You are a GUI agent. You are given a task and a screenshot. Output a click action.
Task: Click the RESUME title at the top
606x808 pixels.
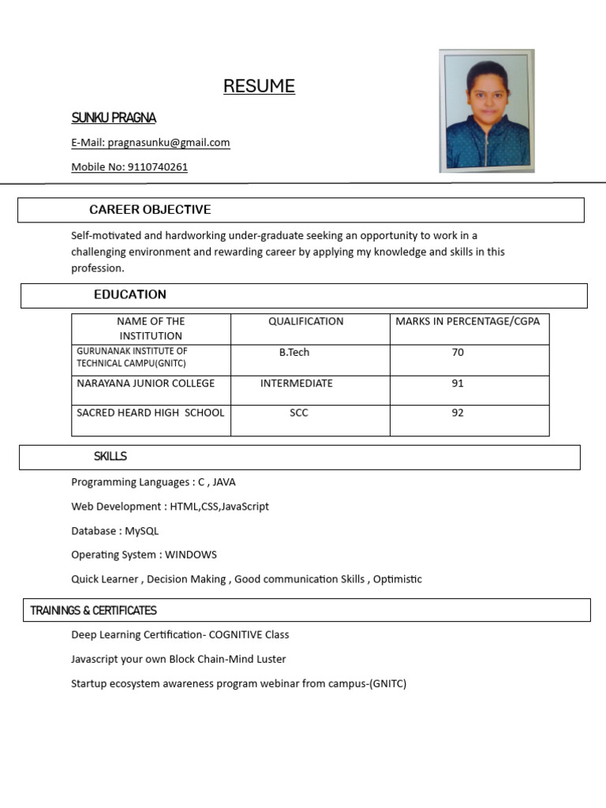(259, 86)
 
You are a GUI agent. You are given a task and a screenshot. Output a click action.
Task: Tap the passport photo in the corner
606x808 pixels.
(486, 110)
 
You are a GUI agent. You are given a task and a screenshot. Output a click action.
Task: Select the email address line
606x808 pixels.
(151, 143)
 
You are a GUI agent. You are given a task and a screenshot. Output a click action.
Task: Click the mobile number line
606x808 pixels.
(129, 167)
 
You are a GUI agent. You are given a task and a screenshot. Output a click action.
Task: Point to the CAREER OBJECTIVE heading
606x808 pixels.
(150, 210)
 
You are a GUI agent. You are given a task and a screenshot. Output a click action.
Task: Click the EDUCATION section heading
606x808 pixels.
(130, 295)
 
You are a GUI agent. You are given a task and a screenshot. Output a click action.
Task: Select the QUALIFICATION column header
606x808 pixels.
(305, 321)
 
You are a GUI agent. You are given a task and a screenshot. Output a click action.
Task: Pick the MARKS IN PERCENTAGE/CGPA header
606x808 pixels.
(468, 321)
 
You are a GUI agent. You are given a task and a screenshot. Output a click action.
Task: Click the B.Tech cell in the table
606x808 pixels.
(294, 353)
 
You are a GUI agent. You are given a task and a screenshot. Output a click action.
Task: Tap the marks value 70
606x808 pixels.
(458, 353)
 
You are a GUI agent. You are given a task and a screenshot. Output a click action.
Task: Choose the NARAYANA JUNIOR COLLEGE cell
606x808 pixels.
(145, 383)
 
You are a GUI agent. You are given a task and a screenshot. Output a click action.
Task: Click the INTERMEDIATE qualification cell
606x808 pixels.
(297, 383)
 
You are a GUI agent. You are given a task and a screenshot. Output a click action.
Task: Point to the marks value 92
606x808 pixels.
(458, 413)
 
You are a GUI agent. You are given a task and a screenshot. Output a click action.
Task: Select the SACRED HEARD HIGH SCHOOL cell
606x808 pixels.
(150, 413)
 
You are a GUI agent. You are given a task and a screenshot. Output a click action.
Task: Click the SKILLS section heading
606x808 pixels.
(110, 457)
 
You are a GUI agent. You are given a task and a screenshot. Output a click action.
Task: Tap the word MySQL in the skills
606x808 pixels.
(142, 531)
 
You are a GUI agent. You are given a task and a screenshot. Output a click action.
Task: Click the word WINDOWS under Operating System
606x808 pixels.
(191, 555)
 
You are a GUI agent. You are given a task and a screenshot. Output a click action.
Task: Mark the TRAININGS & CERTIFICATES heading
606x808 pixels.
(93, 611)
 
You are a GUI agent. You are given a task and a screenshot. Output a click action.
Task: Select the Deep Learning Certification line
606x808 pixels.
(180, 634)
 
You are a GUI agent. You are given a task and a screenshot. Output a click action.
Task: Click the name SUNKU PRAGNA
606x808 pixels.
(114, 118)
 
